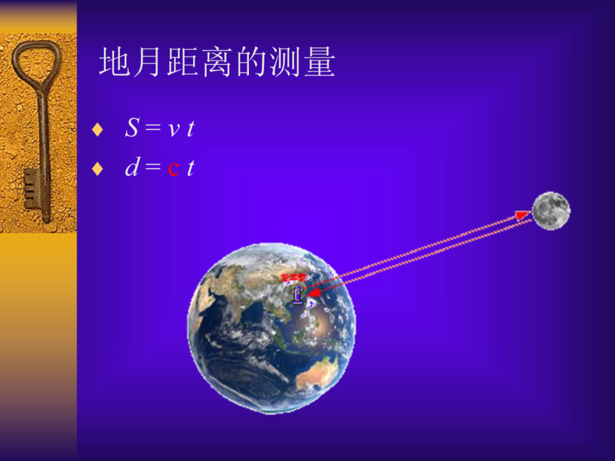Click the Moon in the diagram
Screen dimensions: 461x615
coord(551,211)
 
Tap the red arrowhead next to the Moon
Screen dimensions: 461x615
coord(522,215)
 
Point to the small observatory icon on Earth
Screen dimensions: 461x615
coord(297,294)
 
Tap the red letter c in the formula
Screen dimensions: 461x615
coord(174,168)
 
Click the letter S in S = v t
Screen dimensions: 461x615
coord(132,129)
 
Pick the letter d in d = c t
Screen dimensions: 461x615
coord(132,168)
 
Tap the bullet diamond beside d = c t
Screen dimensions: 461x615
coord(97,169)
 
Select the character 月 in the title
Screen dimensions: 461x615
coord(149,63)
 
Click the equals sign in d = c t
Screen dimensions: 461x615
coord(152,168)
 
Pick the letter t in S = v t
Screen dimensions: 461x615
coord(190,129)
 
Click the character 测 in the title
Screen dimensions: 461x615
coord(285,63)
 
